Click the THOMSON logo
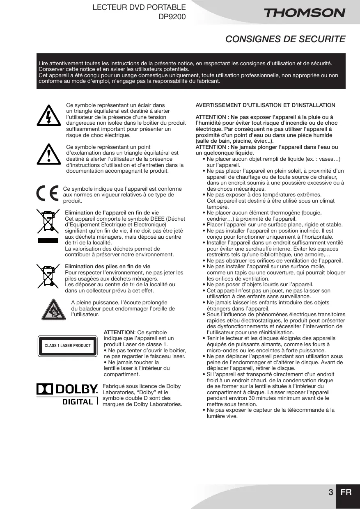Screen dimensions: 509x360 [304, 13]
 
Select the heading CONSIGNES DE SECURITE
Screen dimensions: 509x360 [285, 39]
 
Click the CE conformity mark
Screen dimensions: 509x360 [47, 194]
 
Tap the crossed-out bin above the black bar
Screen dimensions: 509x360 [48, 222]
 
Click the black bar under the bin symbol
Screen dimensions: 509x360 [48, 241]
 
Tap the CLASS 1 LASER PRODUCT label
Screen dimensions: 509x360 [67, 346]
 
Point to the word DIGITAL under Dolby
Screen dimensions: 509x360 [78, 402]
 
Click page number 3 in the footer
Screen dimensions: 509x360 [330, 492]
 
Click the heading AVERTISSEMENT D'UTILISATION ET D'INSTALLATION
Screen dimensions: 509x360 [265, 105]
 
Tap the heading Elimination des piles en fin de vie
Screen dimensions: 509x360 [108, 266]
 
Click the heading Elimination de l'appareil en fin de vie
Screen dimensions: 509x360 [112, 212]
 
